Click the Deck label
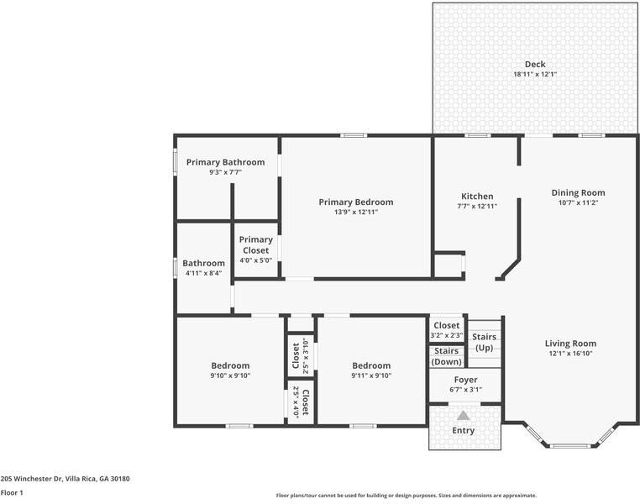(535, 64)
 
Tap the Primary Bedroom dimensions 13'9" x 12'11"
(355, 213)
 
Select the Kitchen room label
(477, 197)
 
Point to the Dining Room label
(578, 192)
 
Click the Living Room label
(570, 343)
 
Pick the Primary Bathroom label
(225, 162)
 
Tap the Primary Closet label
(256, 244)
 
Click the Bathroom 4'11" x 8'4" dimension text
(203, 273)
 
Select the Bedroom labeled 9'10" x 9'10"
(230, 365)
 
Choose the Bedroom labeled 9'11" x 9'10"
(371, 365)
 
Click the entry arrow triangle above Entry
(464, 415)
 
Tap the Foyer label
(465, 380)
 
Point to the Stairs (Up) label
(485, 342)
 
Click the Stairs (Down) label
(446, 356)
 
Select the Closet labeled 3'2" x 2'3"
(446, 326)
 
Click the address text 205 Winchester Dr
(65, 478)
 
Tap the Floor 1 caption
(12, 493)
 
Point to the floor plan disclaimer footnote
(406, 496)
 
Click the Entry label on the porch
(463, 431)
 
